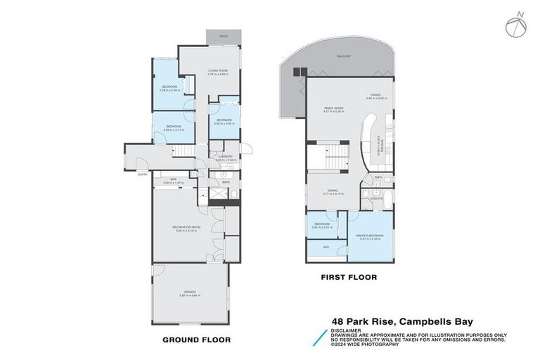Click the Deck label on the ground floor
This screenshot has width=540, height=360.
point(223,35)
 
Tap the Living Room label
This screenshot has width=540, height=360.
point(217,71)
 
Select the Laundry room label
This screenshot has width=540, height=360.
point(226,157)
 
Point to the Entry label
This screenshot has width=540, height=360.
point(143,174)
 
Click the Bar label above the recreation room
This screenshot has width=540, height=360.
point(173,180)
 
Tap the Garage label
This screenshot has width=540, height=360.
point(190,292)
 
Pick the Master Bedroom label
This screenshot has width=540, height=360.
point(371,235)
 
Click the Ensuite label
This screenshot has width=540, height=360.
point(376,199)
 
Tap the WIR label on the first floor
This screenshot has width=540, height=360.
point(326,247)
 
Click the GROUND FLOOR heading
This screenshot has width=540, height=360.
point(196,340)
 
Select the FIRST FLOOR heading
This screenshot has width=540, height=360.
point(348,278)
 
